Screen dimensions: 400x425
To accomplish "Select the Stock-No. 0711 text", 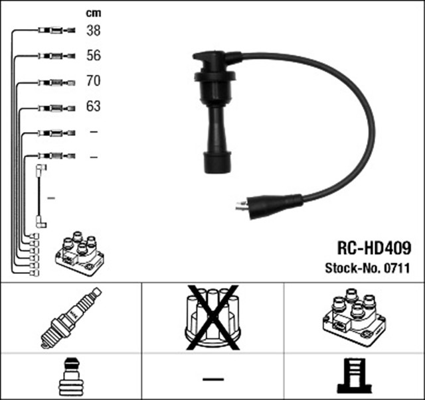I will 366,269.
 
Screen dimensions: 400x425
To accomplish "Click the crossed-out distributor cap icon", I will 212,318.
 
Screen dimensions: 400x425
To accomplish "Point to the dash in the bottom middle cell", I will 212,379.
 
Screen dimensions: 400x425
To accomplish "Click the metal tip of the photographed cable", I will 240,206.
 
